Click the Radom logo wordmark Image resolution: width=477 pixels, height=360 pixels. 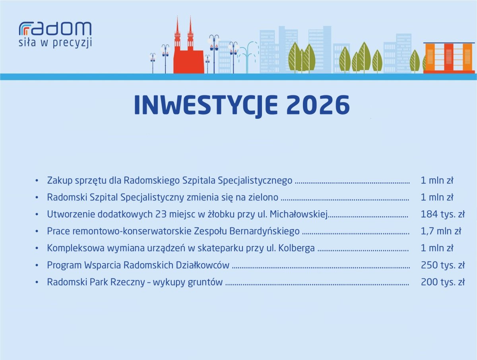tap(55, 29)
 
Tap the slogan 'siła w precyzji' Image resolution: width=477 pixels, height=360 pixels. tap(55, 43)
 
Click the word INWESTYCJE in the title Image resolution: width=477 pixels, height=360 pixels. tap(206, 105)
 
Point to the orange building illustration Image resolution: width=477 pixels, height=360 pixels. tap(449, 58)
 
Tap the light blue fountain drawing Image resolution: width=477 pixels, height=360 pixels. tap(248, 57)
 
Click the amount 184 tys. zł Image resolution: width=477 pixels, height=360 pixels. tap(443, 214)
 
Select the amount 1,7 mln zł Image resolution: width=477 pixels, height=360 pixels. tap(441, 231)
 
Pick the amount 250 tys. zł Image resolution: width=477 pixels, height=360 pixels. tap(443, 265)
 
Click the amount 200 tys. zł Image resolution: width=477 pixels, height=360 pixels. tap(443, 282)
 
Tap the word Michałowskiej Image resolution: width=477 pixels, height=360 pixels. tap(299, 215)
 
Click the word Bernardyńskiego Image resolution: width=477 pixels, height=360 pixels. tap(264, 232)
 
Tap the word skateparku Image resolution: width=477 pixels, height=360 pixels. tap(220, 248)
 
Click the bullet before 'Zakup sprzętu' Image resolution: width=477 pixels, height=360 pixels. tap(37, 181)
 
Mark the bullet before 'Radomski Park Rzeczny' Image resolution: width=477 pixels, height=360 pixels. tap(37, 282)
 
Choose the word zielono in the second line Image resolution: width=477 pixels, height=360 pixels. tap(264, 197)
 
